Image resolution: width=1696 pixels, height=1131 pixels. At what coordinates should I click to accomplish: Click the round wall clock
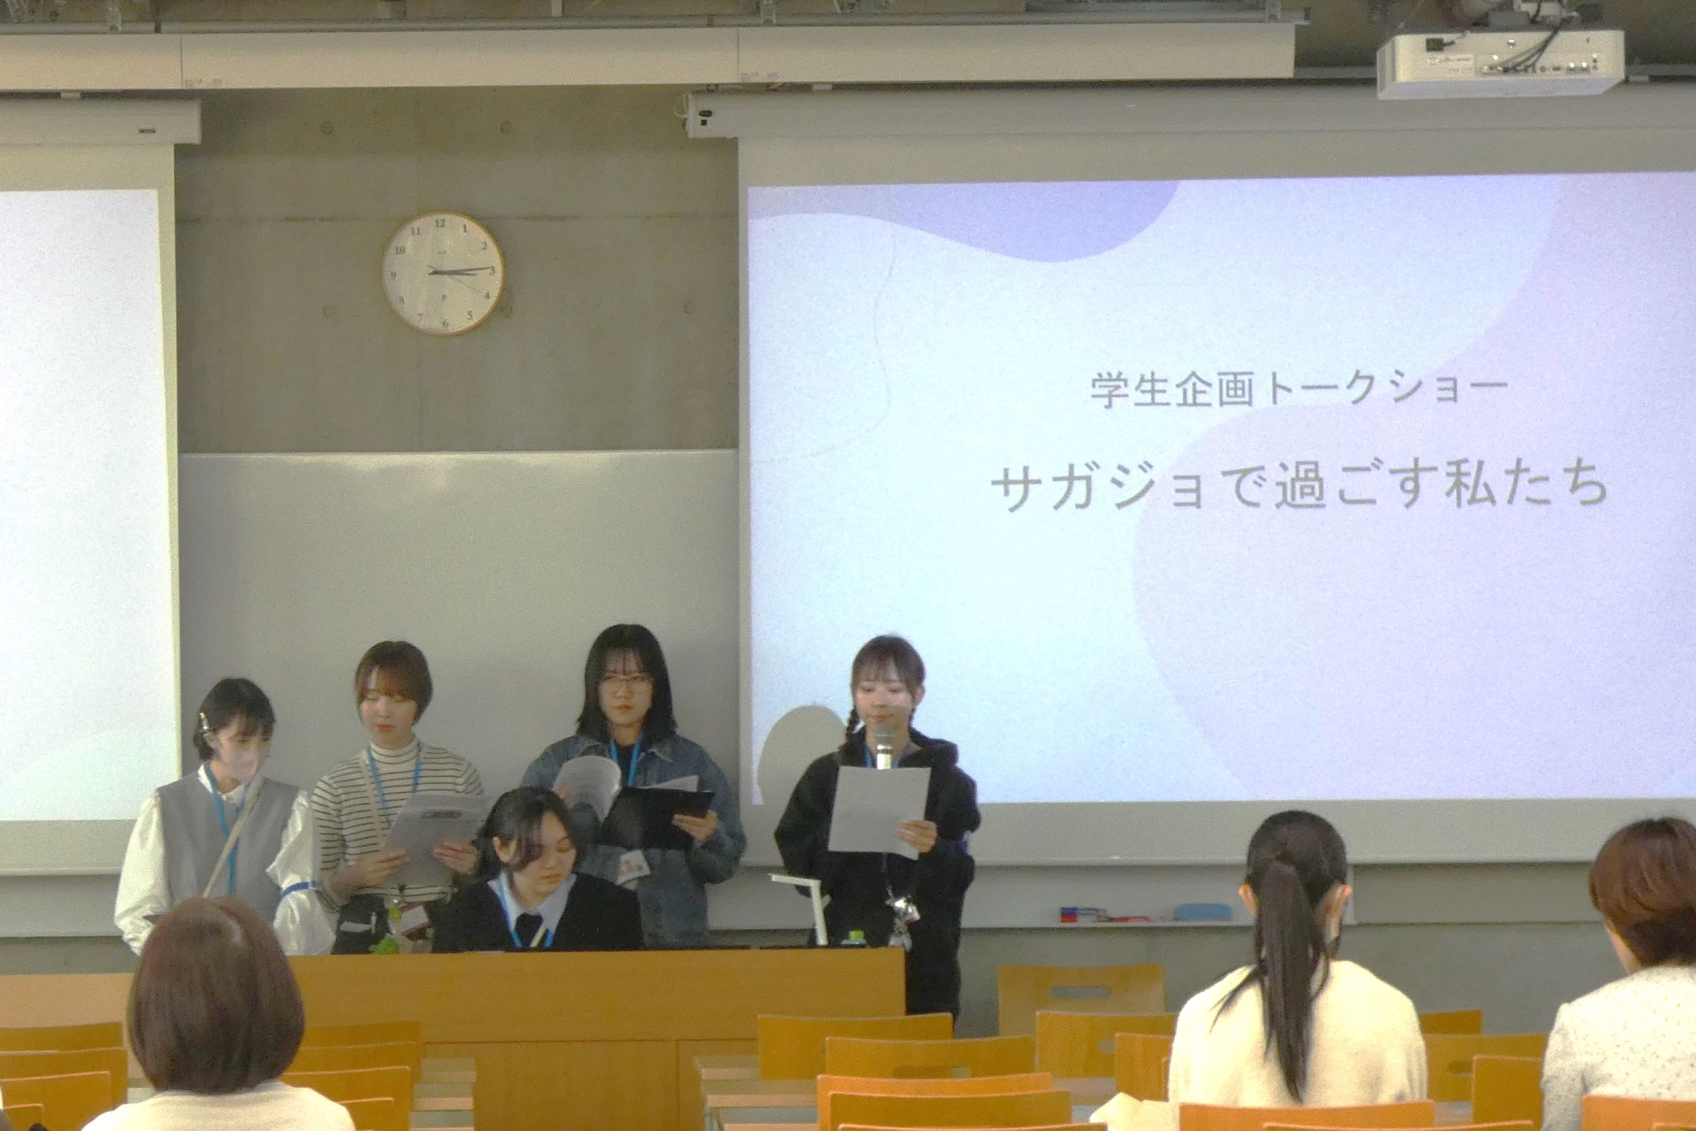pos(443,273)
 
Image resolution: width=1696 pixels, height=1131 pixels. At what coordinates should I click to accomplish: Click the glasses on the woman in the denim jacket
pos(625,682)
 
